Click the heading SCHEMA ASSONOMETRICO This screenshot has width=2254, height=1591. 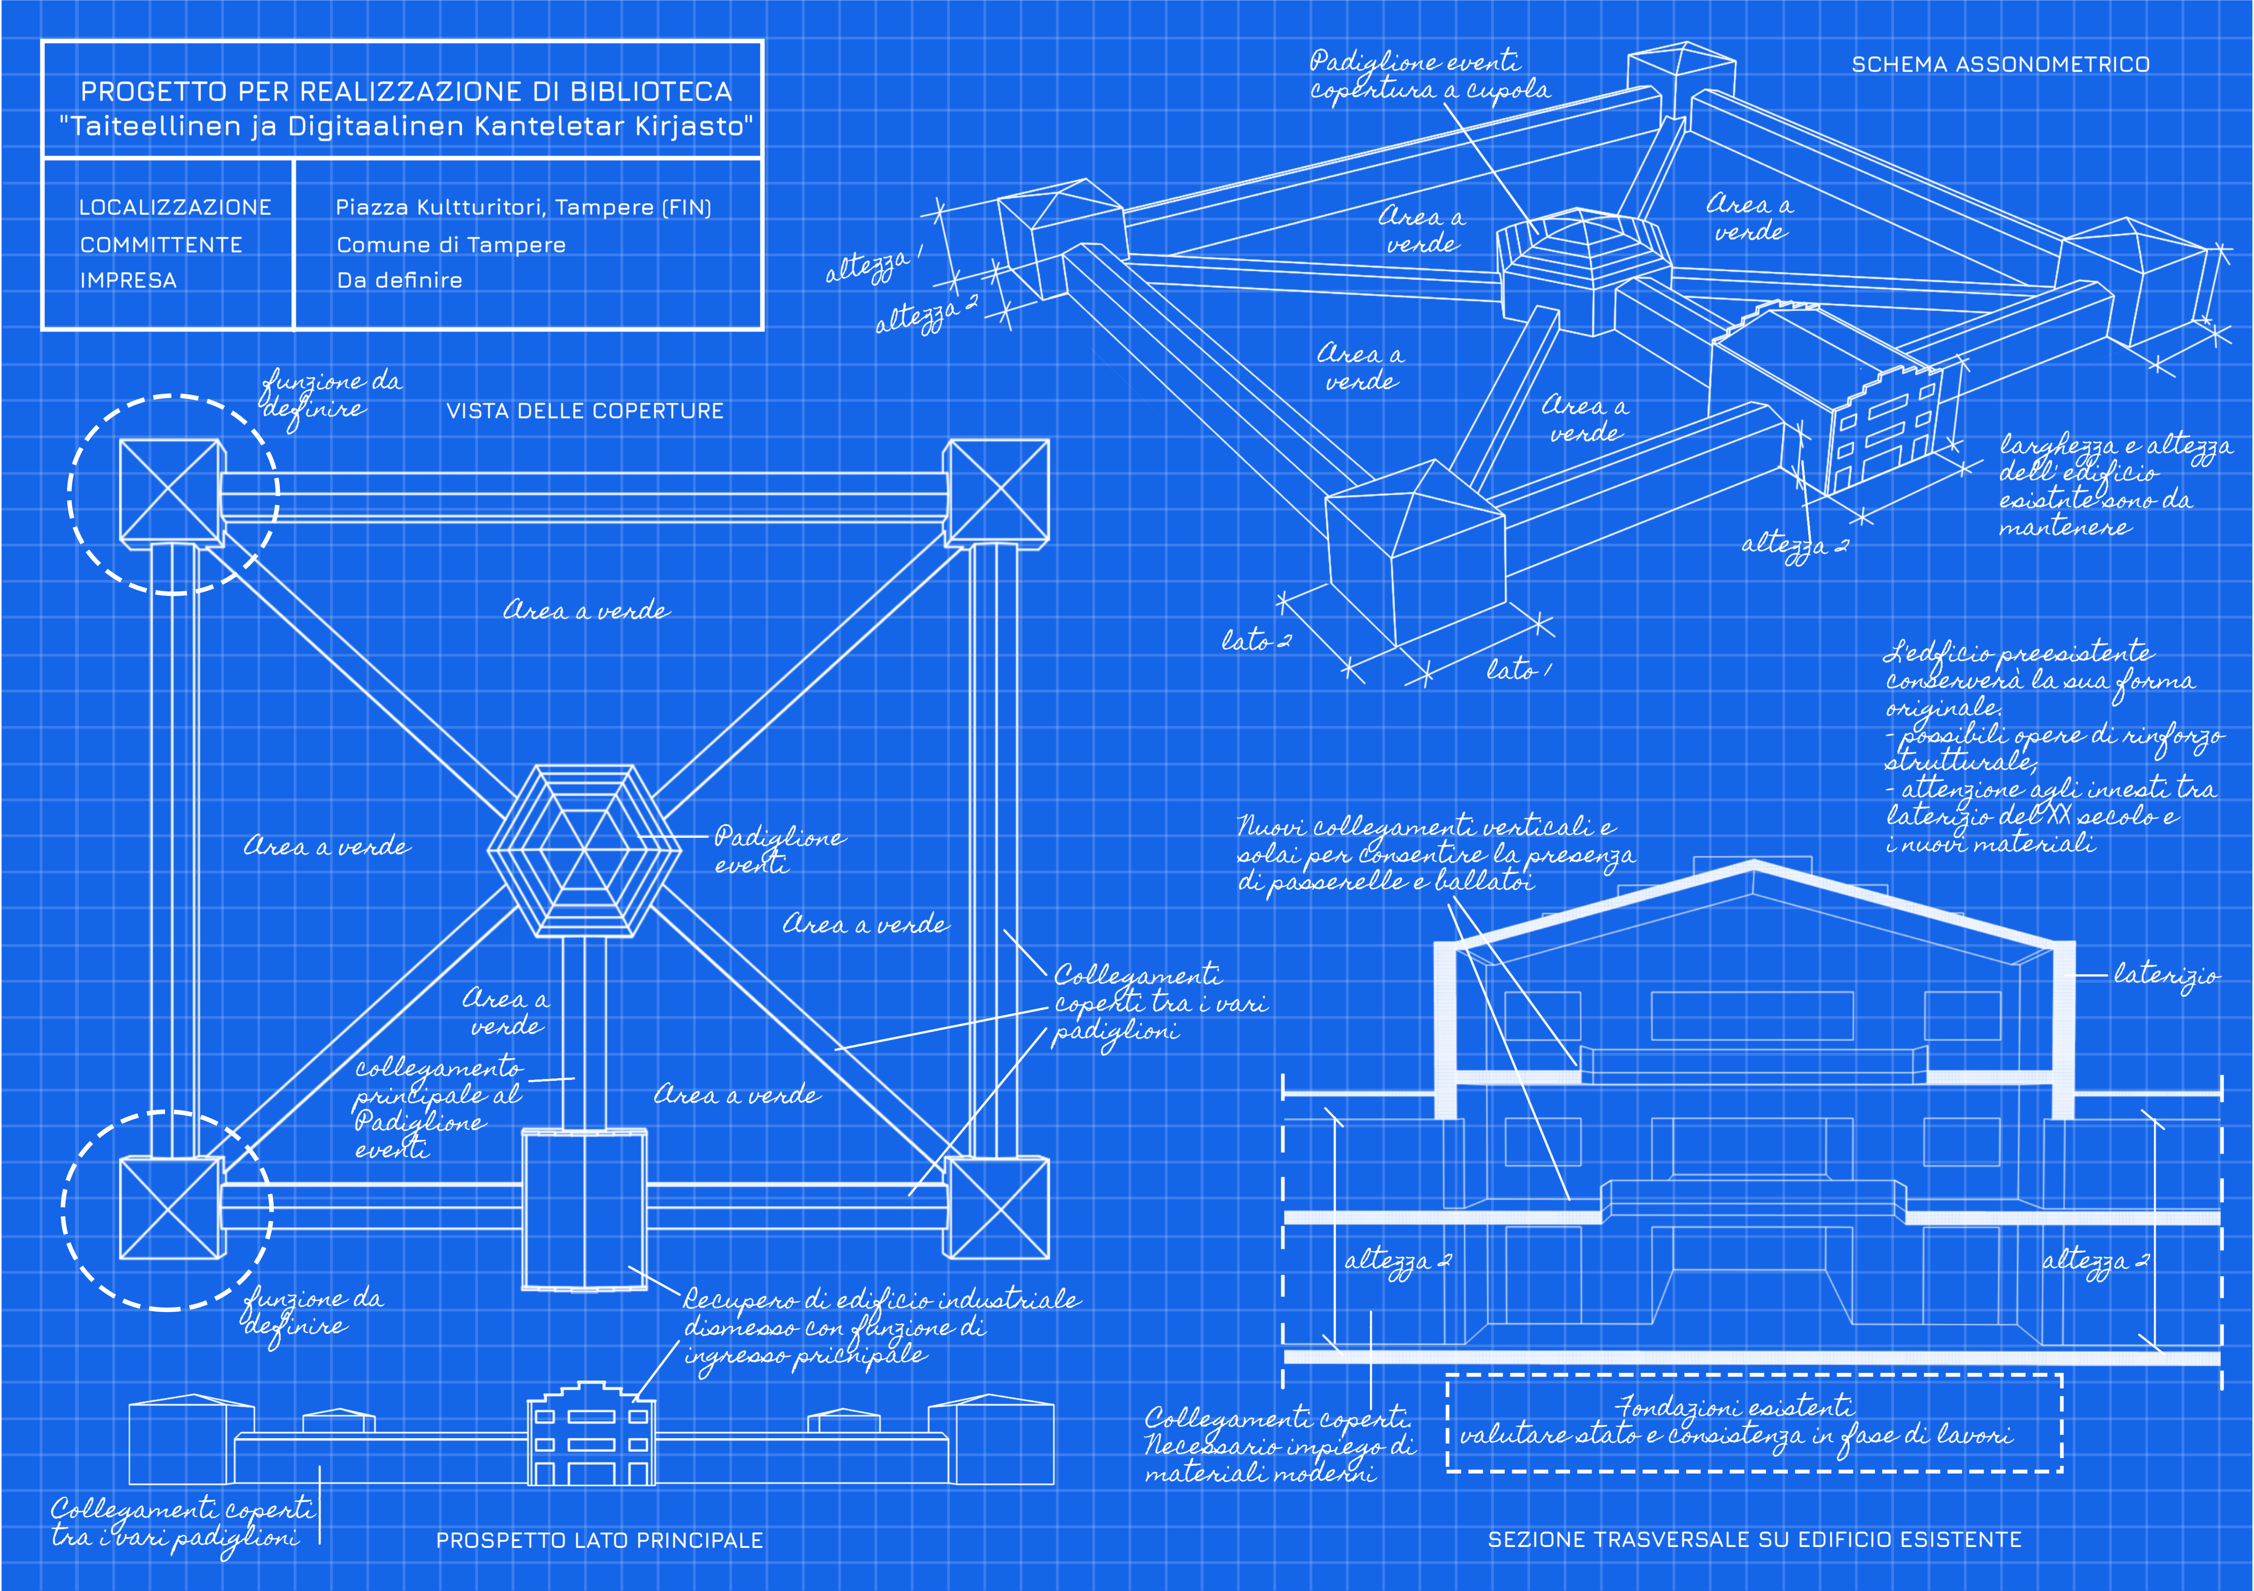click(x=2000, y=65)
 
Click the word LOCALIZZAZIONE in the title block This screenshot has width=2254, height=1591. click(x=175, y=207)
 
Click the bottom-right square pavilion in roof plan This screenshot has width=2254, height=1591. click(x=995, y=1207)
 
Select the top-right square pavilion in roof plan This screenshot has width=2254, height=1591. click(x=995, y=492)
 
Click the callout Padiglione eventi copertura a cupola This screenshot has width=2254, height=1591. click(x=1428, y=76)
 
